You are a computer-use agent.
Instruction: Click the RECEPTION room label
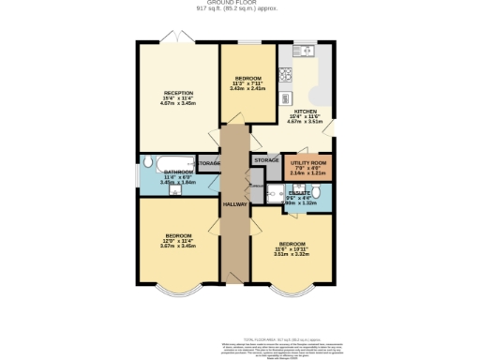pos(178,93)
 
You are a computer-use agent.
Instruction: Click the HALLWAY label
pos(233,204)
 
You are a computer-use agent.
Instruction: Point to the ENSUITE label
pos(298,192)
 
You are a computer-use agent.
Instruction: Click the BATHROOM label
pos(178,172)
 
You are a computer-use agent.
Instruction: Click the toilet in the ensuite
pos(319,195)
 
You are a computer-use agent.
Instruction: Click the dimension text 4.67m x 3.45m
pos(178,104)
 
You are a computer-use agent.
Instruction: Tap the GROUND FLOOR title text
pos(240,4)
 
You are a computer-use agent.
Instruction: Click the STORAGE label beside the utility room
pos(266,160)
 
